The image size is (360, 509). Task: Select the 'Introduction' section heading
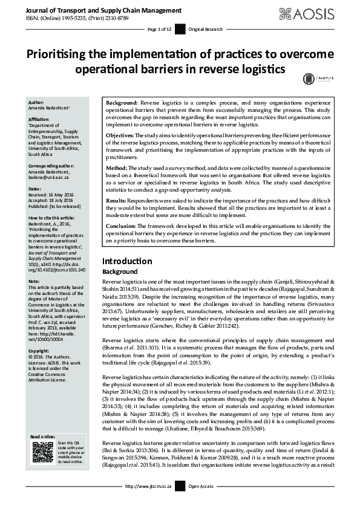[127, 261]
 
